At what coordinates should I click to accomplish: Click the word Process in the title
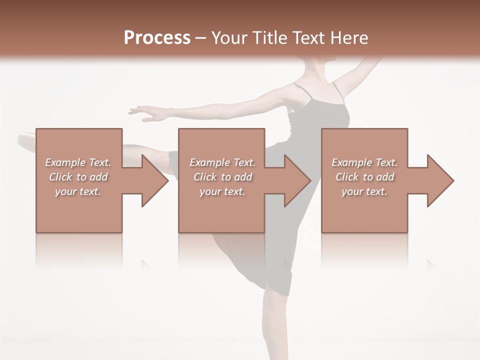157,38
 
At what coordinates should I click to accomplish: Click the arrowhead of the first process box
155,180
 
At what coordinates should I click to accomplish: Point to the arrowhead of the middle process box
297,180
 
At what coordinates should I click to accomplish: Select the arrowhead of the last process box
440,180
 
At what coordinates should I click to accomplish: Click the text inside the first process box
78,177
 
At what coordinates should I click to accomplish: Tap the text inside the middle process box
222,177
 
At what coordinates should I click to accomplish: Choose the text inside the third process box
364,177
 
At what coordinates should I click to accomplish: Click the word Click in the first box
61,177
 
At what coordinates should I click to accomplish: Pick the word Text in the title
306,38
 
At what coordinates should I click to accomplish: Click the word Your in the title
228,38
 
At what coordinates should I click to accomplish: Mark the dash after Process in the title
201,38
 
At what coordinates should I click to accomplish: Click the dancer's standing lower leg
272,325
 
